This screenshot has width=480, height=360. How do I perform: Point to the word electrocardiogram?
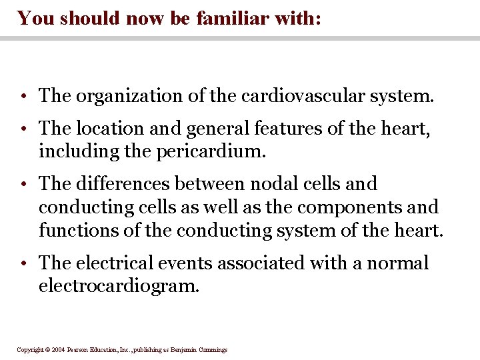119,286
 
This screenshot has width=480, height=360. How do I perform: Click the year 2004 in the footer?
57,349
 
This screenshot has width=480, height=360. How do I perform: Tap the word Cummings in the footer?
211,349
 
